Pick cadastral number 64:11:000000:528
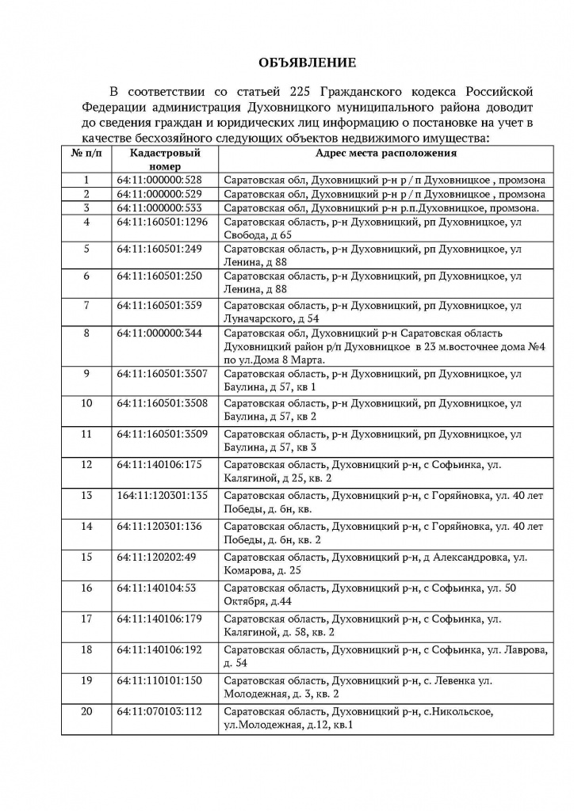[159, 181]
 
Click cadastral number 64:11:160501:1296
[162, 222]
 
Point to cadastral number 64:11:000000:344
[159, 332]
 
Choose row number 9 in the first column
[86, 373]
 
